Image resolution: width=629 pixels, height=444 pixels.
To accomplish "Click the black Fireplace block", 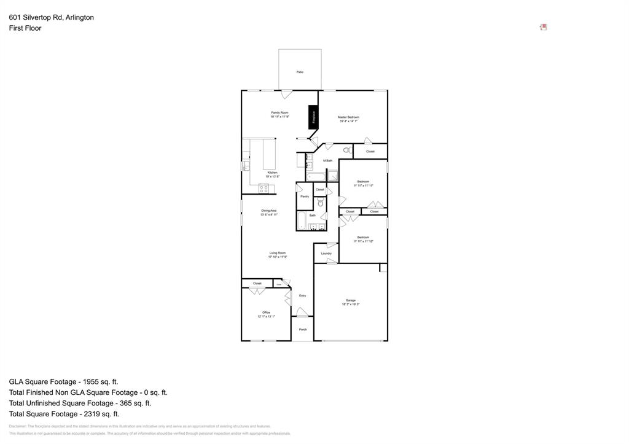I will click(x=314, y=117).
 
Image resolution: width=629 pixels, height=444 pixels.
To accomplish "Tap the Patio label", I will click(x=300, y=72).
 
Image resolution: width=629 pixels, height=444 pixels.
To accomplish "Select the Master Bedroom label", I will click(x=348, y=117).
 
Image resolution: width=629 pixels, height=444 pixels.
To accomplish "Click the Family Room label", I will click(x=279, y=113).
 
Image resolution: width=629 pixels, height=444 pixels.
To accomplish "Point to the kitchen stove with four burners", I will click(x=264, y=189).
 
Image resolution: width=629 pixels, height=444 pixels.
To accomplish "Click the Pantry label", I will click(x=305, y=197).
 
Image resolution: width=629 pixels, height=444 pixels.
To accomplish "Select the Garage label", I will click(x=350, y=300).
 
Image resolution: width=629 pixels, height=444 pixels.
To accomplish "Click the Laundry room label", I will click(x=326, y=253).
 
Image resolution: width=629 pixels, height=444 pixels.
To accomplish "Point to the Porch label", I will click(x=303, y=330).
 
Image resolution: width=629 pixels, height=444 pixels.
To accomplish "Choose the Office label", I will click(x=266, y=313).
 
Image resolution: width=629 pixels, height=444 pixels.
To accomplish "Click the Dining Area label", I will click(x=269, y=211).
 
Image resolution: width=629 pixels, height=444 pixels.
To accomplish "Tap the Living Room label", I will click(x=277, y=253).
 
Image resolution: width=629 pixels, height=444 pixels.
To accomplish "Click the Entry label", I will click(x=302, y=296).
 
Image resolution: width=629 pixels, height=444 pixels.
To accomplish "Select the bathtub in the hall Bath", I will click(x=302, y=221).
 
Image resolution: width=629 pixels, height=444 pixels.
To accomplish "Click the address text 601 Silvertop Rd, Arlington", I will click(x=52, y=18).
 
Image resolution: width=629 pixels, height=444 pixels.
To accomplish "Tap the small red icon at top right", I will click(x=543, y=27).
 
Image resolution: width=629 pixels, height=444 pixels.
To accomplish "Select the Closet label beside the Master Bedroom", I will click(x=370, y=152).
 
